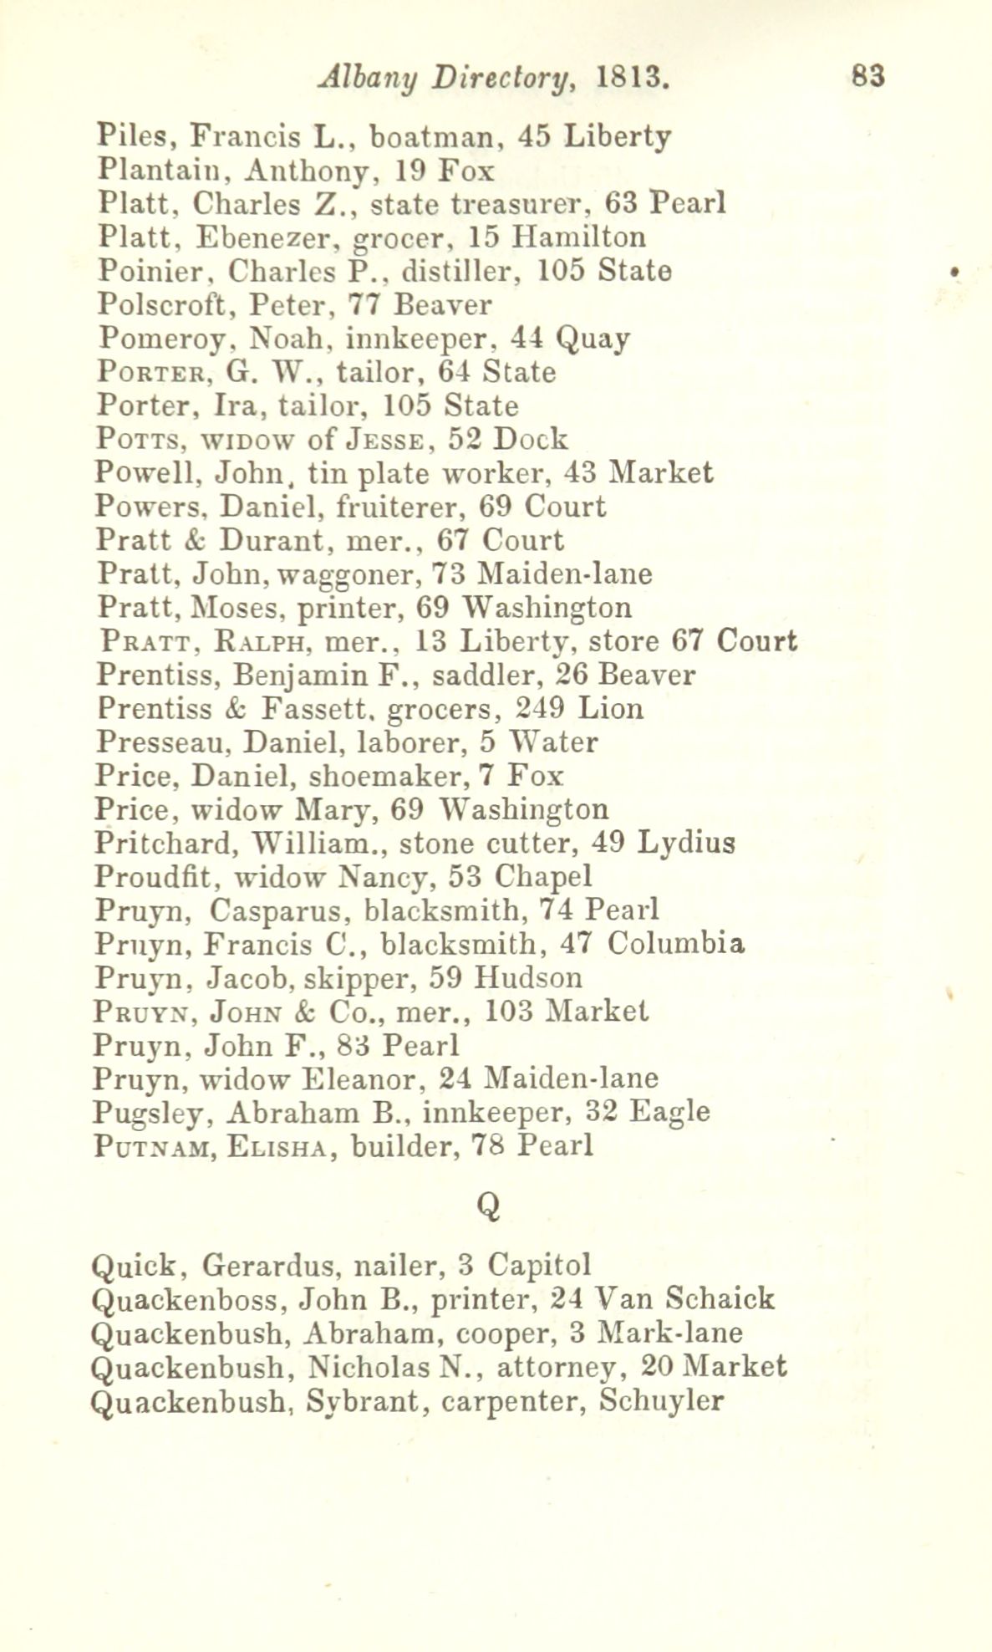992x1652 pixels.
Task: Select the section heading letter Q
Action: tap(489, 1205)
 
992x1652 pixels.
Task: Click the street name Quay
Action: tap(593, 340)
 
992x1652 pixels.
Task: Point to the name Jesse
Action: tap(389, 440)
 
